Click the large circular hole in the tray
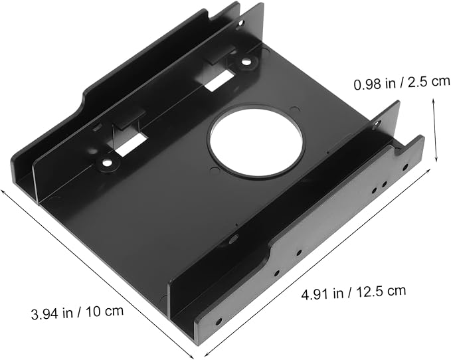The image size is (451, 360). click(x=256, y=141)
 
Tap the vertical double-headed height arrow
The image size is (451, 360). click(x=435, y=130)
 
